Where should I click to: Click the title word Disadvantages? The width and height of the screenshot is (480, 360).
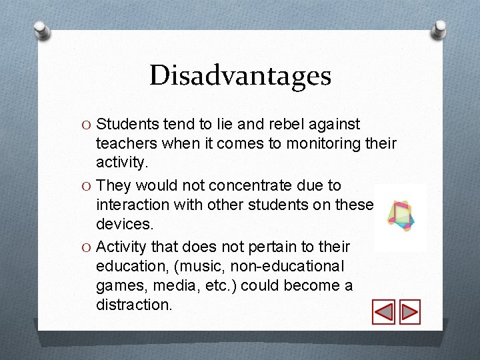[240, 75]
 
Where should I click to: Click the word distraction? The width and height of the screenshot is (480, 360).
[133, 305]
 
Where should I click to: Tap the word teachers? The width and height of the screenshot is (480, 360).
[125, 143]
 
